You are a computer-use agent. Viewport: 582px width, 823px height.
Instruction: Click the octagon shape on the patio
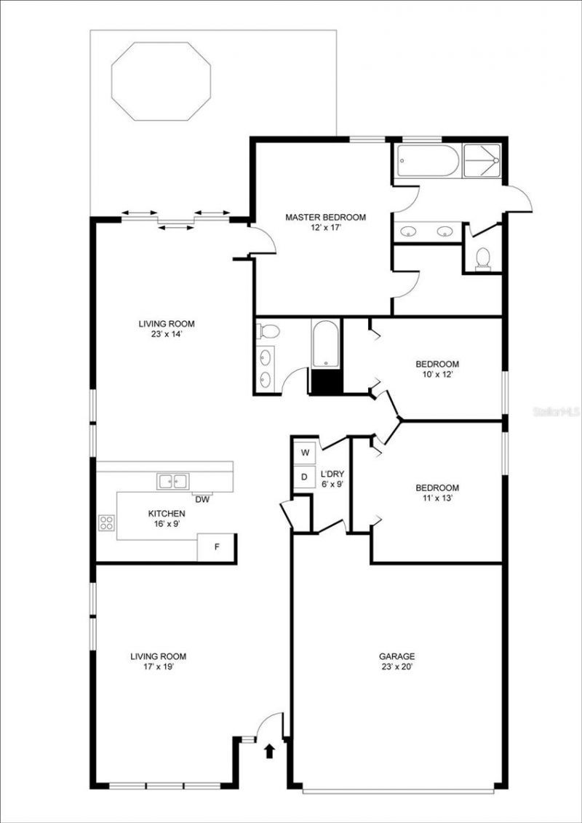(x=161, y=81)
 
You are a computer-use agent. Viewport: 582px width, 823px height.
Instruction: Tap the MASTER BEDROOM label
(x=325, y=217)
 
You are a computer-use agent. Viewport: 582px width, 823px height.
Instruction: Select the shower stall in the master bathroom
(x=482, y=162)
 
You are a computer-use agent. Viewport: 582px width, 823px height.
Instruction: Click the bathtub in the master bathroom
(x=427, y=162)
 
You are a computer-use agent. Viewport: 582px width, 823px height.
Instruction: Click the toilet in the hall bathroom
(x=269, y=332)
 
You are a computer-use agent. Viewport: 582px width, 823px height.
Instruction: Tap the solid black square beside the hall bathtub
(x=326, y=381)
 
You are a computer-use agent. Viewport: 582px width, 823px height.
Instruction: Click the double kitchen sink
(x=172, y=480)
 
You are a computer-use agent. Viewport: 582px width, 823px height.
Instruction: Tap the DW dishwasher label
(x=202, y=499)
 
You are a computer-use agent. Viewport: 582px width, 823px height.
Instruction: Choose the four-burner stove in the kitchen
(x=106, y=522)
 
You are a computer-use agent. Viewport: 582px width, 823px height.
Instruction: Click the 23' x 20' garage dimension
(x=396, y=666)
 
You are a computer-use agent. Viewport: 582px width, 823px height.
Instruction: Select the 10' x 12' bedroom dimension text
(x=437, y=375)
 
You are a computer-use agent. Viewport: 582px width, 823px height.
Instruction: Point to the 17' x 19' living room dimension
(x=153, y=667)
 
